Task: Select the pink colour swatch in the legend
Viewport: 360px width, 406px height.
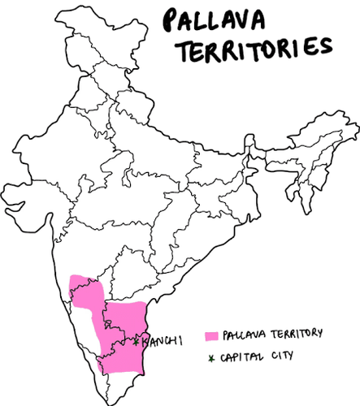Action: coord(212,335)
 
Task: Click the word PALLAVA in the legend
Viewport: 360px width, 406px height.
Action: coord(243,334)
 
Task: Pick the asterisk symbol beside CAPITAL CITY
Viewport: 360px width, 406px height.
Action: coord(212,356)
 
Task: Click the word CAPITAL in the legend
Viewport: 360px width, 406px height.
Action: coord(244,356)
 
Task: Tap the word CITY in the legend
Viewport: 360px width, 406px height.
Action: coord(280,356)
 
